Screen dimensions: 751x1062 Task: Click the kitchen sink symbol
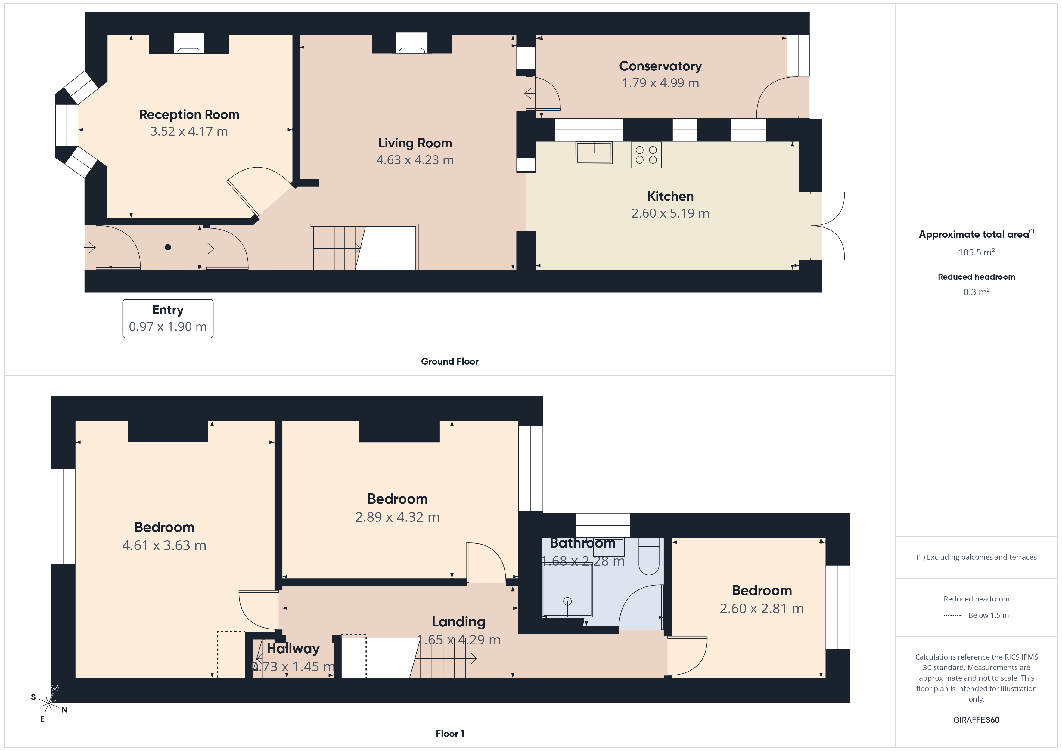point(594,153)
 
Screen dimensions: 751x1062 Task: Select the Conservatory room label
point(660,66)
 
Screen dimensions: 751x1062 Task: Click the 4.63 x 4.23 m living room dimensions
point(415,160)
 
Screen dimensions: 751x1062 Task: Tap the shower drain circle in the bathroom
point(567,601)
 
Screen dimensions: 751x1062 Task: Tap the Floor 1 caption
point(450,734)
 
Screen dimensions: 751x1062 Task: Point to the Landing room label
point(458,622)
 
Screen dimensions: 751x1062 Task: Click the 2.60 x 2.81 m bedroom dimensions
point(761,609)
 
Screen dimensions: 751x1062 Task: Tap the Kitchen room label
point(670,196)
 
